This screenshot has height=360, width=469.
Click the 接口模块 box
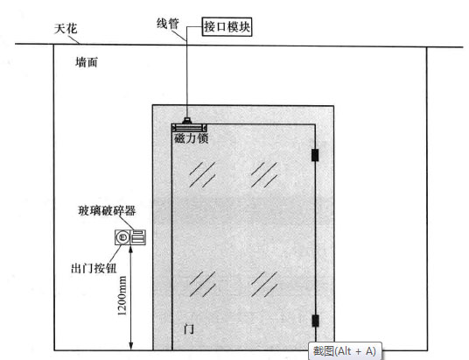coord(227,27)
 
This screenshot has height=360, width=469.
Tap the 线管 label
coord(168,24)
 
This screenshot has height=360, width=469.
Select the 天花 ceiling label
coord(66,29)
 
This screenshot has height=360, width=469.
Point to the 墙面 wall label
coord(87,62)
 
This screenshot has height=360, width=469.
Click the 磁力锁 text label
coord(191,138)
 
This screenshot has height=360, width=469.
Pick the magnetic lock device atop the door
coord(189,128)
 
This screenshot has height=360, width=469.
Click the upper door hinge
coord(315,155)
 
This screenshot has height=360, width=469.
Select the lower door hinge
coord(315,321)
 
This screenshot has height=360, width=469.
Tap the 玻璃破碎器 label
coord(107,211)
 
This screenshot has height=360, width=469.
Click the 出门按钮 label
coord(94,268)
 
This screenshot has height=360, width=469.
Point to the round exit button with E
coord(122,237)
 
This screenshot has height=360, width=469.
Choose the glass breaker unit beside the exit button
coord(138,237)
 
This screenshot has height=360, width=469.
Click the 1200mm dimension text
coord(122,295)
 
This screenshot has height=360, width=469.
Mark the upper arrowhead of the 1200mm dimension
coord(130,247)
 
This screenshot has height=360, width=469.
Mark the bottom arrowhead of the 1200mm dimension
coord(130,349)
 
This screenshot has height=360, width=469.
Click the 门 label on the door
coord(188,328)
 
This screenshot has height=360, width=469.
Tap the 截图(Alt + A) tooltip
coord(345,351)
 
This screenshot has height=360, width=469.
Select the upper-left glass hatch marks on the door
coord(202,175)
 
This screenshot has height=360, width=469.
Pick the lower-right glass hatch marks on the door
coord(264,284)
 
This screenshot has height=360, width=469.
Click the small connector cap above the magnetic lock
coord(187,121)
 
